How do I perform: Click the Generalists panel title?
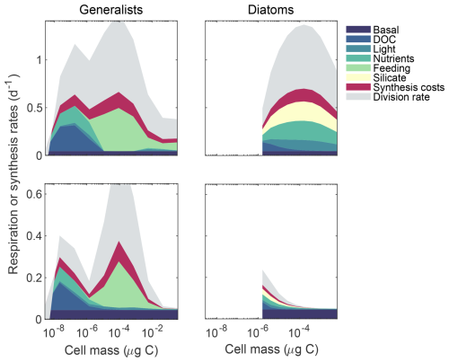click(x=111, y=10)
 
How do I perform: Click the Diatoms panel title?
click(x=271, y=10)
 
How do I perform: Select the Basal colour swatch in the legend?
click(x=358, y=30)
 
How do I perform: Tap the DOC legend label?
click(x=384, y=40)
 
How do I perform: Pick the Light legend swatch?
click(x=358, y=49)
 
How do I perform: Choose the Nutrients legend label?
click(x=393, y=58)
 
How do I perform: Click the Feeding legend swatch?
click(x=358, y=67)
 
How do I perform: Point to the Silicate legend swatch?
click(x=358, y=77)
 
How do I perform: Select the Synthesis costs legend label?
click(x=409, y=87)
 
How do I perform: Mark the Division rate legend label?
click(x=401, y=97)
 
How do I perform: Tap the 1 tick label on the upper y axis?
click(x=39, y=60)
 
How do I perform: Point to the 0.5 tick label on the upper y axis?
click(x=34, y=108)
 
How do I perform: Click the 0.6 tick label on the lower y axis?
click(x=34, y=194)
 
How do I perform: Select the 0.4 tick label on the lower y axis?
click(x=34, y=235)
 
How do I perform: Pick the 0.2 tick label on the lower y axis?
click(x=34, y=278)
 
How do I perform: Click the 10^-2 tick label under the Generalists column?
click(x=153, y=331)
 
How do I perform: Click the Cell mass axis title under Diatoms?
click(x=271, y=349)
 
